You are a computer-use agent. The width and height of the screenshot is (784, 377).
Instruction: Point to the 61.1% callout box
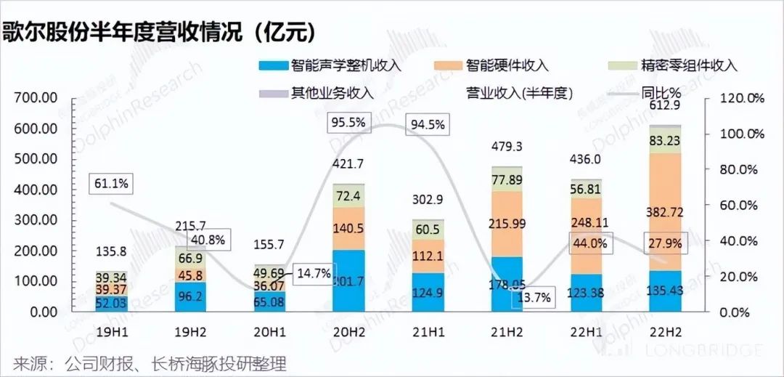click(x=111, y=184)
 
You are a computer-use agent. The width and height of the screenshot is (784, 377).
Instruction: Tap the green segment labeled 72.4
click(x=344, y=196)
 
